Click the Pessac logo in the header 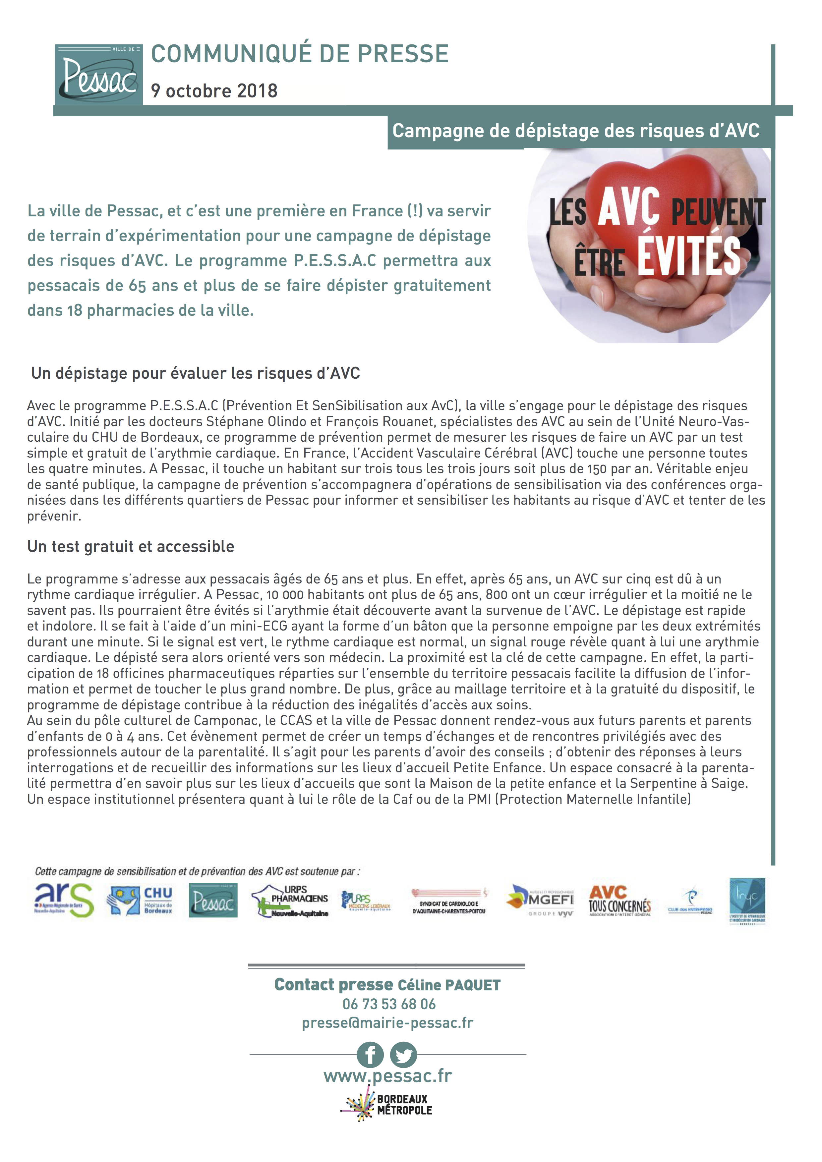pyautogui.click(x=99, y=75)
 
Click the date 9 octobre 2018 pyautogui.click(x=214, y=91)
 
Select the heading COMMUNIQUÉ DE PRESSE pyautogui.click(x=300, y=54)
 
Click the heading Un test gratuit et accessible pyautogui.click(x=131, y=547)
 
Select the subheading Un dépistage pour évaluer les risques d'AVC pyautogui.click(x=195, y=373)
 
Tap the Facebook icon pyautogui.click(x=370, y=1055)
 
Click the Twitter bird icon pyautogui.click(x=403, y=1055)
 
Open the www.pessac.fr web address pyautogui.click(x=388, y=1076)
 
